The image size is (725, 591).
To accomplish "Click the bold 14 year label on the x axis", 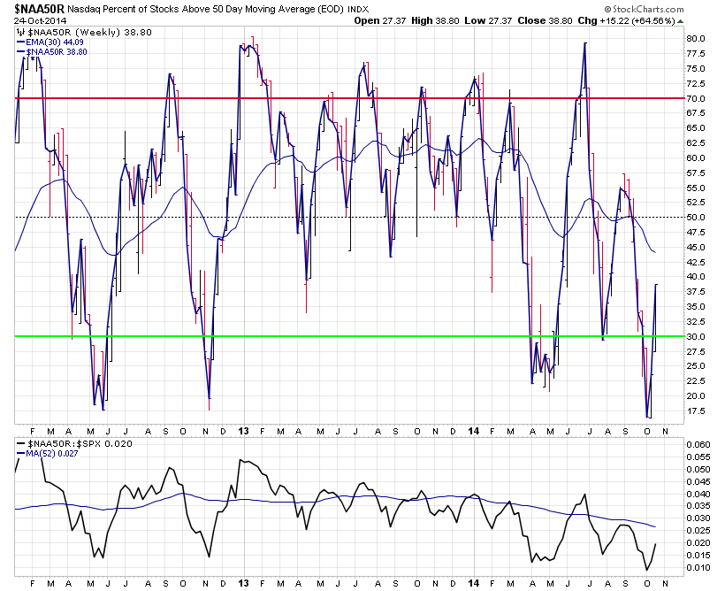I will [474, 430].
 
